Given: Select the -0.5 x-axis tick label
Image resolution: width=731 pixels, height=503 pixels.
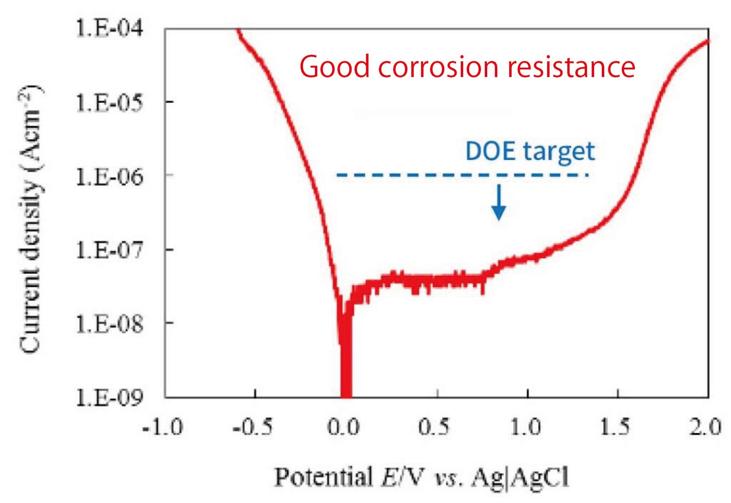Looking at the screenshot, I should pyautogui.click(x=253, y=427).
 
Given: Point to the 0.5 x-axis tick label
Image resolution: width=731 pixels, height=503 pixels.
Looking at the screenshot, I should pyautogui.click(x=434, y=427).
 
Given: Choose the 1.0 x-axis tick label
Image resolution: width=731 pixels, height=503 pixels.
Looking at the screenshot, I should pyautogui.click(x=525, y=427).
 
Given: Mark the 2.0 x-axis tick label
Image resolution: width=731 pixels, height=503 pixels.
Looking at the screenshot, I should pyautogui.click(x=705, y=427).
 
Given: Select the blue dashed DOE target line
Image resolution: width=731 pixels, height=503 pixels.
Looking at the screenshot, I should pyautogui.click(x=462, y=175).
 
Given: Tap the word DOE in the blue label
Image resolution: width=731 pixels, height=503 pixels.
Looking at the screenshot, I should pyautogui.click(x=490, y=151).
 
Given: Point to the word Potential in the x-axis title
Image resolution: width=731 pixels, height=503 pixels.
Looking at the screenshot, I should pyautogui.click(x=323, y=477).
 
